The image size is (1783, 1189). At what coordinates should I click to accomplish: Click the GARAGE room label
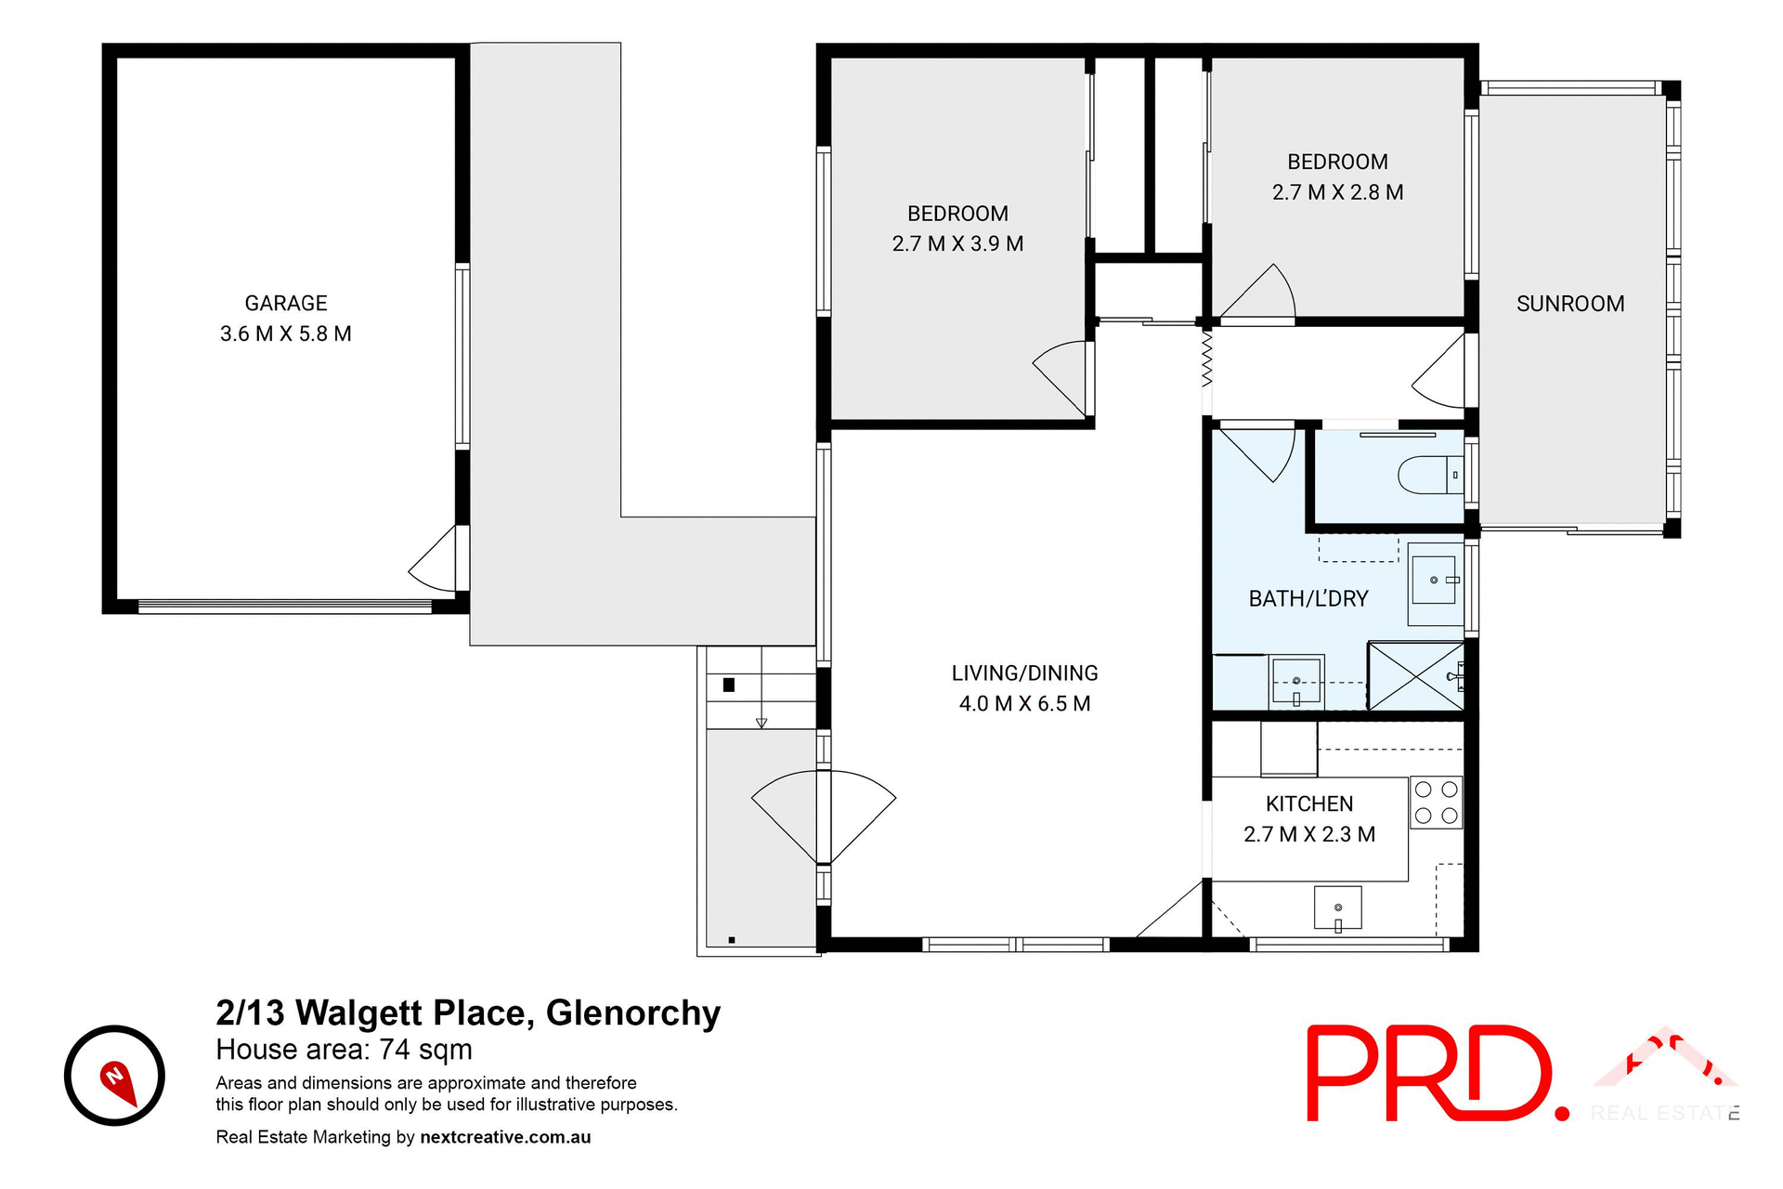(286, 304)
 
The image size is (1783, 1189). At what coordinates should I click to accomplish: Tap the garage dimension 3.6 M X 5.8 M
(286, 334)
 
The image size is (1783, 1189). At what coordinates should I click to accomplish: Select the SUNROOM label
(1570, 304)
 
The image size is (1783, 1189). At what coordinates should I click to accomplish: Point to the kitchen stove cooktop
(1436, 804)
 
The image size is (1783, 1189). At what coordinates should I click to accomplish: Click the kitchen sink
(1337, 908)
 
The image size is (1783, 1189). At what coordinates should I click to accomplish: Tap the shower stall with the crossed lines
(1414, 676)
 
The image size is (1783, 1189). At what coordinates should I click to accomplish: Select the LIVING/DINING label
(1024, 673)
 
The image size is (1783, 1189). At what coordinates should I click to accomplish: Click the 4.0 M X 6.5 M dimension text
(1024, 704)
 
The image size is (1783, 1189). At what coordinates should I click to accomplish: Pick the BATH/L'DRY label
(1308, 599)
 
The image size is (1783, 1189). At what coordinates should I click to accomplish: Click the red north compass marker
(116, 1080)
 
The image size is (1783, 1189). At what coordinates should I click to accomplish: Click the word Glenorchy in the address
(633, 1013)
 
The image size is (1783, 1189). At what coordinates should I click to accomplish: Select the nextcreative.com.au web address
(505, 1137)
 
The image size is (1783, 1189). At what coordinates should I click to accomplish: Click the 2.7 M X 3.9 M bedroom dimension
(957, 244)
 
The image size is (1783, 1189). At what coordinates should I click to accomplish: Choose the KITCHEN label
(1309, 804)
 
